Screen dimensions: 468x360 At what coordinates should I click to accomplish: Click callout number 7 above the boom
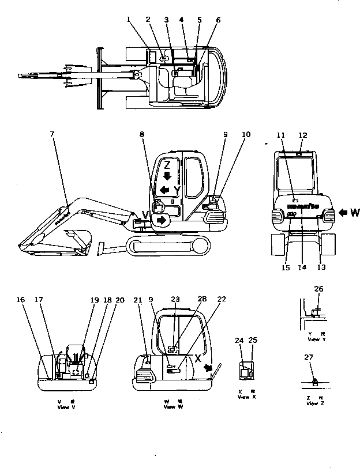(x=52, y=135)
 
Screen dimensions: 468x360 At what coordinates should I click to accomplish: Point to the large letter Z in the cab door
(x=167, y=163)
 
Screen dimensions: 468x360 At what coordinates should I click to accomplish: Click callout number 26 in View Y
(x=318, y=289)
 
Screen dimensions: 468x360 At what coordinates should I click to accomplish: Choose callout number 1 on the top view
(x=130, y=20)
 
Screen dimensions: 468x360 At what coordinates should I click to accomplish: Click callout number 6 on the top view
(x=218, y=20)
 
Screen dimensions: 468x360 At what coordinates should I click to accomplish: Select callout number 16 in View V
(x=20, y=300)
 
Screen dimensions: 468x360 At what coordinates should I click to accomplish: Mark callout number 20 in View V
(x=119, y=300)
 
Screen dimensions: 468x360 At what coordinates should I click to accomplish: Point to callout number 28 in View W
(x=201, y=300)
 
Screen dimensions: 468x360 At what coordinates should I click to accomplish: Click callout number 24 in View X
(x=239, y=341)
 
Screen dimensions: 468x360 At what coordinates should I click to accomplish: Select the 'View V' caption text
(x=67, y=407)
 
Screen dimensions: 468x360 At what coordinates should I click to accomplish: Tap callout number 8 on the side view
(x=142, y=135)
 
